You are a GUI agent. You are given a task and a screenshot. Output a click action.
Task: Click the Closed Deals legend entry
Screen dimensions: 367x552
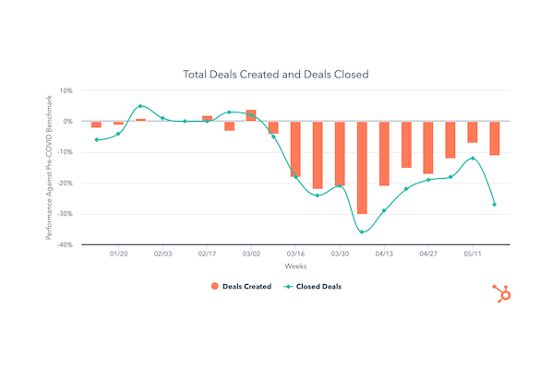coord(313,287)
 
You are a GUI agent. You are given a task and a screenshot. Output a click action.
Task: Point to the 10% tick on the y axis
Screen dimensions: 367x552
coord(66,90)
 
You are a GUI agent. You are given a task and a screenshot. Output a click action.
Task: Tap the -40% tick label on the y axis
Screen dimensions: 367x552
coord(64,245)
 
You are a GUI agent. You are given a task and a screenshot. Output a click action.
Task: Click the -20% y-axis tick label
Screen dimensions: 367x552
coord(64,183)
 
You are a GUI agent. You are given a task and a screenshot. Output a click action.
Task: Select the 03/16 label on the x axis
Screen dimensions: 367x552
coord(295,254)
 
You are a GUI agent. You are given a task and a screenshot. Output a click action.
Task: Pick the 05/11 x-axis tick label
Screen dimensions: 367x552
coord(473,254)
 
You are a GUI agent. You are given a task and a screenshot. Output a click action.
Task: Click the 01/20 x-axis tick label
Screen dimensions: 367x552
coord(118,254)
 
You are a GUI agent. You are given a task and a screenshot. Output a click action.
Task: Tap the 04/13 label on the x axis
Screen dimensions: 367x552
coord(384,254)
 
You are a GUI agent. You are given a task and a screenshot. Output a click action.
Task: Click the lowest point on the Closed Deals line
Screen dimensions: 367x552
coord(362,231)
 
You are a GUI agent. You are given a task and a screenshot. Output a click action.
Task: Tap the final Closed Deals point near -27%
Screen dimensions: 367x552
coord(495,205)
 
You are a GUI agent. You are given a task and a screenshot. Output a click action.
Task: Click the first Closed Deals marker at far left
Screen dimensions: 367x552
coord(96,140)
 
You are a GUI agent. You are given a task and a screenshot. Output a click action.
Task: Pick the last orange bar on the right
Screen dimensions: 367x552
coord(495,137)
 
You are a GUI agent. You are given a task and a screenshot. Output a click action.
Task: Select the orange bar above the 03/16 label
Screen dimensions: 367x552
coord(295,148)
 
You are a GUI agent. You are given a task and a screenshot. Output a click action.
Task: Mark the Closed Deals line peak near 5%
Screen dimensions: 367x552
coord(140,106)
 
